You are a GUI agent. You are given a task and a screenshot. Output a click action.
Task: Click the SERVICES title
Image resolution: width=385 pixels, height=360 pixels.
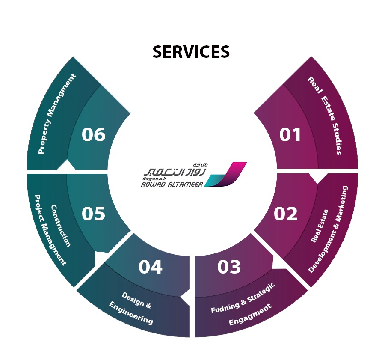click(x=191, y=52)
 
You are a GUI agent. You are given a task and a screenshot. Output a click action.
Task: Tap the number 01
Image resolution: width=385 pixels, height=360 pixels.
click(x=290, y=135)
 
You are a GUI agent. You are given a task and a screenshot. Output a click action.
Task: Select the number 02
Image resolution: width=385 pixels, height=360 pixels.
click(x=285, y=214)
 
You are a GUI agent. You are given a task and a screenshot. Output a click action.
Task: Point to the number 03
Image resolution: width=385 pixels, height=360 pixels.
click(x=229, y=267)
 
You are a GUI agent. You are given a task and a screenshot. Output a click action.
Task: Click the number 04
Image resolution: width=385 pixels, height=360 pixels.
click(x=151, y=267)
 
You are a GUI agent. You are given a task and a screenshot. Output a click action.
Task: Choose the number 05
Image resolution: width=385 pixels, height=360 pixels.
click(x=93, y=214)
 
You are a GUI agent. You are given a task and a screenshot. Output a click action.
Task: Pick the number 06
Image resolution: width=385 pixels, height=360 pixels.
click(x=93, y=135)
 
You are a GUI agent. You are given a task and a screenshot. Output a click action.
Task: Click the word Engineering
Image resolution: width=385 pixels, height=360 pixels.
click(x=131, y=313)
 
